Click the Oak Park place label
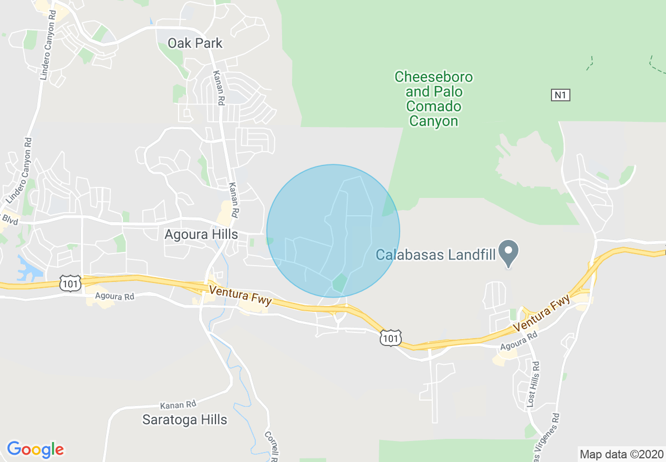[195, 43]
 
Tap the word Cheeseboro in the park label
[433, 77]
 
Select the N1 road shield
[561, 95]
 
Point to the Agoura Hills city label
[201, 234]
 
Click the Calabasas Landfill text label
[436, 255]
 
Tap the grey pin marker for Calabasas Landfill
[508, 250]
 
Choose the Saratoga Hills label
[185, 419]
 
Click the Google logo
[35, 449]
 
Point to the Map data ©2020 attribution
[621, 454]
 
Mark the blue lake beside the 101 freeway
[29, 267]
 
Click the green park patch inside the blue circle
[339, 282]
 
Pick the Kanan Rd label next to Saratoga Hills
[179, 405]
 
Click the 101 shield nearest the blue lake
[70, 284]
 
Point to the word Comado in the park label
[433, 107]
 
